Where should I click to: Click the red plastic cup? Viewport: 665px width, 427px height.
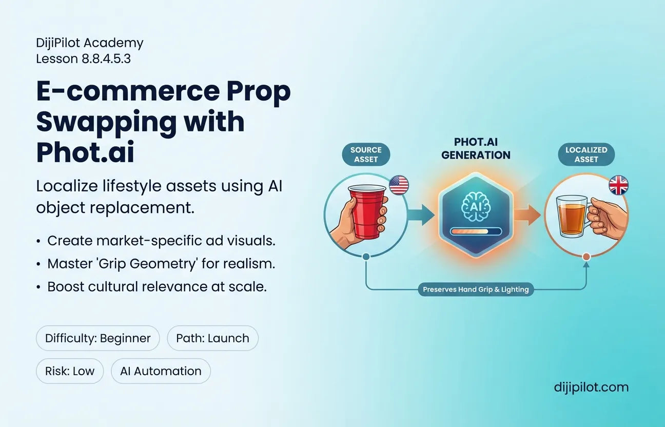pyautogui.click(x=367, y=211)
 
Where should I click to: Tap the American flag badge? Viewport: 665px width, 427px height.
pyautogui.click(x=399, y=185)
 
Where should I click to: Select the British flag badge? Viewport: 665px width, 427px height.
pyautogui.click(x=618, y=185)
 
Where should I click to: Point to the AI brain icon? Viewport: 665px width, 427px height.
pyautogui.click(x=476, y=207)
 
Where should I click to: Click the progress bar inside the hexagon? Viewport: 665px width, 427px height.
pyautogui.click(x=476, y=231)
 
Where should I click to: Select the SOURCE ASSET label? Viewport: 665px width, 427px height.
pyautogui.click(x=366, y=154)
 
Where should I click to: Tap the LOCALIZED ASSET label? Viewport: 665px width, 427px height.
pyautogui.click(x=586, y=154)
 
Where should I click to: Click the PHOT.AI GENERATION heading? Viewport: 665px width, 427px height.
pyautogui.click(x=476, y=148)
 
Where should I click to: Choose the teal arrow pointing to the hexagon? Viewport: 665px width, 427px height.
pyautogui.click(x=421, y=215)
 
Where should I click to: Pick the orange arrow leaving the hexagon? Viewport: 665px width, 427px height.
pyautogui.click(x=527, y=215)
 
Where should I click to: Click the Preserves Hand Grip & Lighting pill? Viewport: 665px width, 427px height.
pyautogui.click(x=476, y=289)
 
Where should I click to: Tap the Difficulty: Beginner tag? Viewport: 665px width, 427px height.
pyautogui.click(x=97, y=338)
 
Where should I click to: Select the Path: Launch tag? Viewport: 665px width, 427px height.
pyautogui.click(x=212, y=338)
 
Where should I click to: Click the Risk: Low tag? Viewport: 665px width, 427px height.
pyautogui.click(x=70, y=371)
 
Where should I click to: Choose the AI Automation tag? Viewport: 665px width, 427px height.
pyautogui.click(x=161, y=371)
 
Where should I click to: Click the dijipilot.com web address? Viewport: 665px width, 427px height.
pyautogui.click(x=591, y=387)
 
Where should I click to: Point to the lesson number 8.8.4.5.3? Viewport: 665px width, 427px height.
pyautogui.click(x=106, y=59)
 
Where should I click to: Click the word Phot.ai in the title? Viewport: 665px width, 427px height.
pyautogui.click(x=85, y=152)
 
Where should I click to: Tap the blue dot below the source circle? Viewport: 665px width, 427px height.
pyautogui.click(x=366, y=257)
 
